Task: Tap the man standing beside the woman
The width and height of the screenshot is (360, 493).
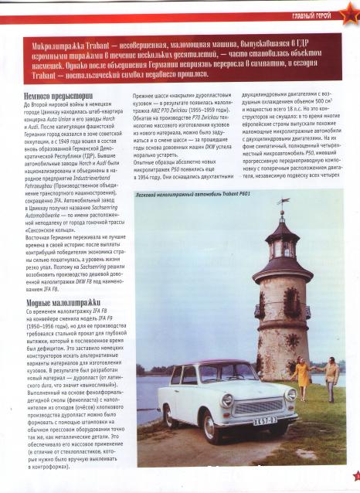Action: [331, 380]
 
